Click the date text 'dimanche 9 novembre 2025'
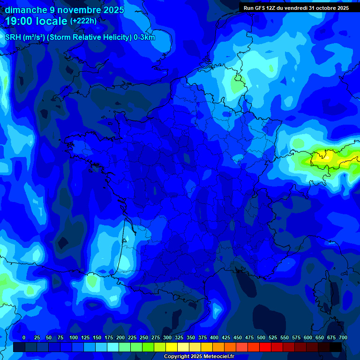tap(65, 10)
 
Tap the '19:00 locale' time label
tap(36, 21)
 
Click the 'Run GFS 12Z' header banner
tap(296, 8)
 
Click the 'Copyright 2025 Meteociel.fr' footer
tap(199, 356)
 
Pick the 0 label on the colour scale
tap(24, 337)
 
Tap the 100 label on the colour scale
tap(74, 337)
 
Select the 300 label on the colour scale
tap(167, 337)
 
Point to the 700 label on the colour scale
tap(343, 337)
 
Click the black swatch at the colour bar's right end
tap(336, 347)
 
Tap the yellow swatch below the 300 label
tap(172, 347)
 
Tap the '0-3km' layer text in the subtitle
tap(144, 37)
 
